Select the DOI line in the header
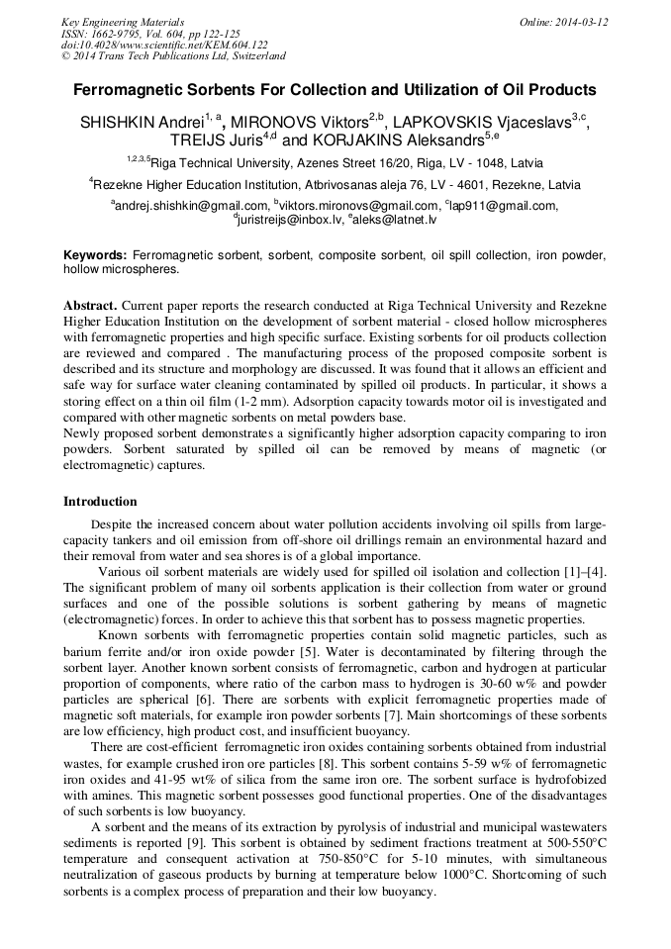pos(164,46)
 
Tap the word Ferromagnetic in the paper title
pos(134,89)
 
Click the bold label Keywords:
pos(95,255)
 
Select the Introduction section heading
pos(100,502)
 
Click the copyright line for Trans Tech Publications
pos(174,57)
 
